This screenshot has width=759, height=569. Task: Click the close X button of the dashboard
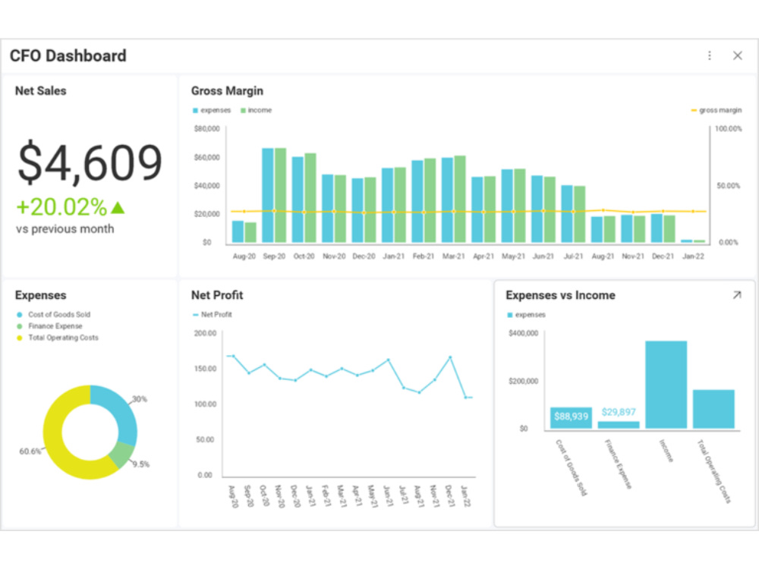point(737,55)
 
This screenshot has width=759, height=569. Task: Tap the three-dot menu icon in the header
point(710,55)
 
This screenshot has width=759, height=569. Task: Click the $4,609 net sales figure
point(90,162)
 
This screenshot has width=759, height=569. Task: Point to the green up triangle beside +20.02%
point(117,207)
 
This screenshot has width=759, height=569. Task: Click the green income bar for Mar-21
point(460,199)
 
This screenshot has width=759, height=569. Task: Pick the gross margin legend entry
point(716,111)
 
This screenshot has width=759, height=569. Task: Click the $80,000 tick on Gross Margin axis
point(206,129)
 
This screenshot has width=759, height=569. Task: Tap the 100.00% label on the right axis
point(729,129)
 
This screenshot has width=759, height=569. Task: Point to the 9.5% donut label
point(140,464)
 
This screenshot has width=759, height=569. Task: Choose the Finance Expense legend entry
point(55,326)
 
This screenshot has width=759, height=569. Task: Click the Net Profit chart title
point(217,295)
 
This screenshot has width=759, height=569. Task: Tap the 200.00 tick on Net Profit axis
point(204,333)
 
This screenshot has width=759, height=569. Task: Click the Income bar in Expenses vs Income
point(666,385)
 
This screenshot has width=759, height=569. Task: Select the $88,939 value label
point(571,417)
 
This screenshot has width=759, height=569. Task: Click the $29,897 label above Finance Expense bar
point(619,412)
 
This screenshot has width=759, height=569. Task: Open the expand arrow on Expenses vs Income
point(736,295)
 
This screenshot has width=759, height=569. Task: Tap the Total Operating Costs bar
point(713,409)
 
